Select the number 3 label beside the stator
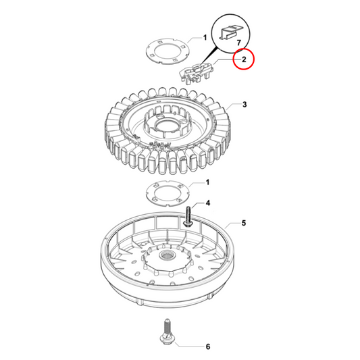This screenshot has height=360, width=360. (x=245, y=105)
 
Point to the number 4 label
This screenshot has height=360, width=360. (x=207, y=203)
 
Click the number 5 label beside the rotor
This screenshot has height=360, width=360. (x=245, y=222)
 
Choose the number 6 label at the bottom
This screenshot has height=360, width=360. (x=207, y=346)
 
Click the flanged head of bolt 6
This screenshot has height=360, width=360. (x=165, y=333)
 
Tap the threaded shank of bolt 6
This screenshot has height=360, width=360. (x=165, y=322)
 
